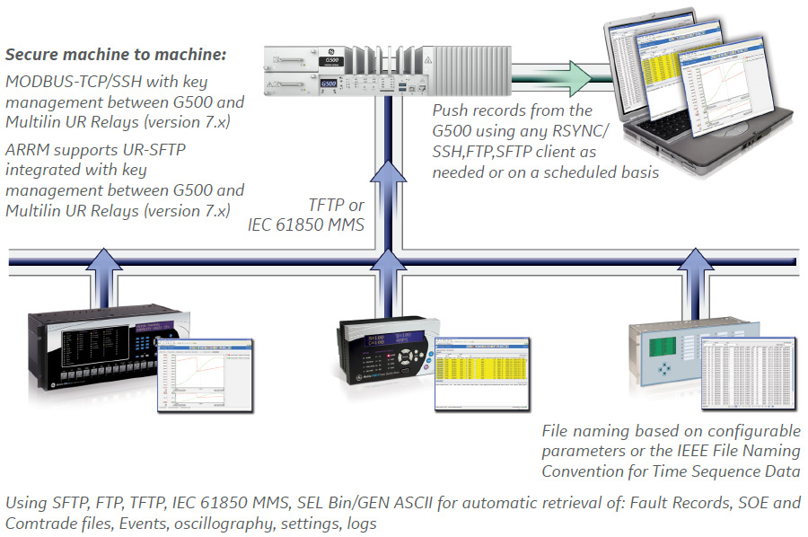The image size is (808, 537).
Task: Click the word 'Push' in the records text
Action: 451,111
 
